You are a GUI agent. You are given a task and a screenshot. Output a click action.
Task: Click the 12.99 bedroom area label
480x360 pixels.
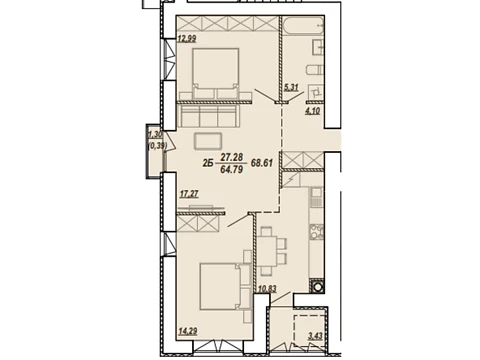pyautogui.click(x=187, y=39)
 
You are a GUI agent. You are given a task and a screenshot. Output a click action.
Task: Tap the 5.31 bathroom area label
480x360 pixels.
pyautogui.click(x=291, y=87)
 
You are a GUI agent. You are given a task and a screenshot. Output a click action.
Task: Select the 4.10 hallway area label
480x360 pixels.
pyautogui.click(x=313, y=110)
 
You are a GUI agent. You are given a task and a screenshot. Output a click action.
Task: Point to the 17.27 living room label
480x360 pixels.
pyautogui.click(x=189, y=194)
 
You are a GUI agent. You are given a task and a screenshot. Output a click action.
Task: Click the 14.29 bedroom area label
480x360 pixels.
pyautogui.click(x=188, y=331)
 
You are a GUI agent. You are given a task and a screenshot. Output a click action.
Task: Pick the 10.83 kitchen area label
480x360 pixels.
pyautogui.click(x=267, y=289)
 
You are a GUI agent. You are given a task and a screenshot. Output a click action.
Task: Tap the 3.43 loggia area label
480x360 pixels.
pyautogui.click(x=315, y=336)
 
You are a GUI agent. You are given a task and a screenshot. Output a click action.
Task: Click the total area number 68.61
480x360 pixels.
pyautogui.click(x=262, y=163)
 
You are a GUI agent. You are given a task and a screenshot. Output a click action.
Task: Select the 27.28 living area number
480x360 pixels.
pyautogui.click(x=232, y=157)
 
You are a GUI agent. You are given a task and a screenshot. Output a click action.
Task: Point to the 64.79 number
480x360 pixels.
pyautogui.click(x=232, y=170)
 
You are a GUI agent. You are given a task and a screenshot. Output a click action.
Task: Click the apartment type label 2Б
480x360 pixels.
pyautogui.click(x=208, y=163)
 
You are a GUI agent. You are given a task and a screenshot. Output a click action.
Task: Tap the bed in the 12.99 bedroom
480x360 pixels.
pyautogui.click(x=216, y=74)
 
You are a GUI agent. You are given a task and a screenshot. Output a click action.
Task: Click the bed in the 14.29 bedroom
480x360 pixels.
pyautogui.click(x=225, y=287)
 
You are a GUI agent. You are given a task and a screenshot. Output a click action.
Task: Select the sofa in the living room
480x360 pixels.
pyautogui.click(x=208, y=116)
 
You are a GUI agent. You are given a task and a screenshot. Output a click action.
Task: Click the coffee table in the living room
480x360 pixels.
pyautogui.click(x=208, y=141)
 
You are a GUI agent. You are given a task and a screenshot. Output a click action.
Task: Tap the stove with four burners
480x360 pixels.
pyautogui.click(x=316, y=231)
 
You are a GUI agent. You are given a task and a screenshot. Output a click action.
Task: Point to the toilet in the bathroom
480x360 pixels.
pyautogui.click(x=315, y=70)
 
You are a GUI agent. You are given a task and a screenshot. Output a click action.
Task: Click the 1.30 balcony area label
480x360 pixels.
pyautogui.click(x=155, y=135)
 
